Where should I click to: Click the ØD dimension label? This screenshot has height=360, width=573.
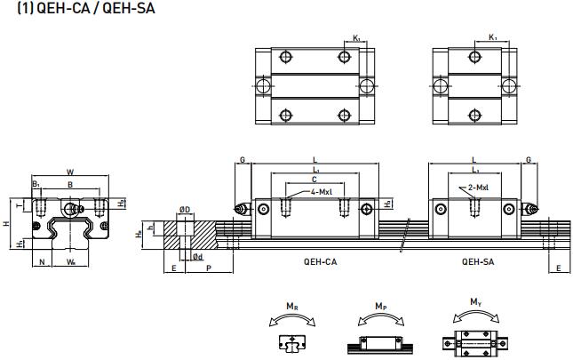coord(185,210)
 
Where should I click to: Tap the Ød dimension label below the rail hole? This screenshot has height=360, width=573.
coord(198,256)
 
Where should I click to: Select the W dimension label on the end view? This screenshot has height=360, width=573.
coord(70,172)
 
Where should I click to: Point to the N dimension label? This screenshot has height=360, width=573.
coord(43,262)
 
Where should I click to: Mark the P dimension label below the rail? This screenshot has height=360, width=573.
coord(209,267)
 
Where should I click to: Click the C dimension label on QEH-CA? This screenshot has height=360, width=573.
coord(315,179)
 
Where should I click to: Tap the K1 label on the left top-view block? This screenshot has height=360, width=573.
coord(356,37)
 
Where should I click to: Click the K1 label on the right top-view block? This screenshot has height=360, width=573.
coord(493,37)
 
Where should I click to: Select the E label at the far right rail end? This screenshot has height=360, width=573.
coord(557,267)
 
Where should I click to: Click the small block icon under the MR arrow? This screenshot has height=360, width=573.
coord(291,342)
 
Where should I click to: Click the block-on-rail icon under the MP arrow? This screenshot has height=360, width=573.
coord(379,343)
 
